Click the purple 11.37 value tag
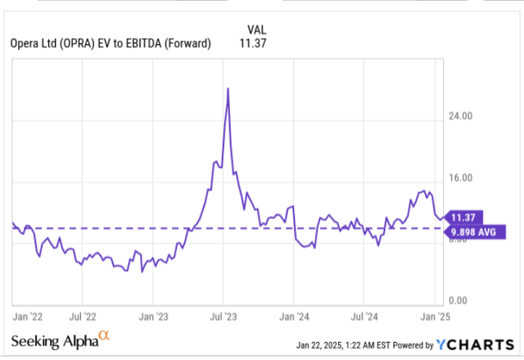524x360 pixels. [x=463, y=217]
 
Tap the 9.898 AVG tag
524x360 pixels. [x=472, y=232]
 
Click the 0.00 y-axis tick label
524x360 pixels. [x=459, y=300]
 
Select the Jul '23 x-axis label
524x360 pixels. [x=224, y=313]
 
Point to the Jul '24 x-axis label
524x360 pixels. [x=364, y=313]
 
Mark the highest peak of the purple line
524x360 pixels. [x=227, y=88]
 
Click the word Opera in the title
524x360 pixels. [x=23, y=44]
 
